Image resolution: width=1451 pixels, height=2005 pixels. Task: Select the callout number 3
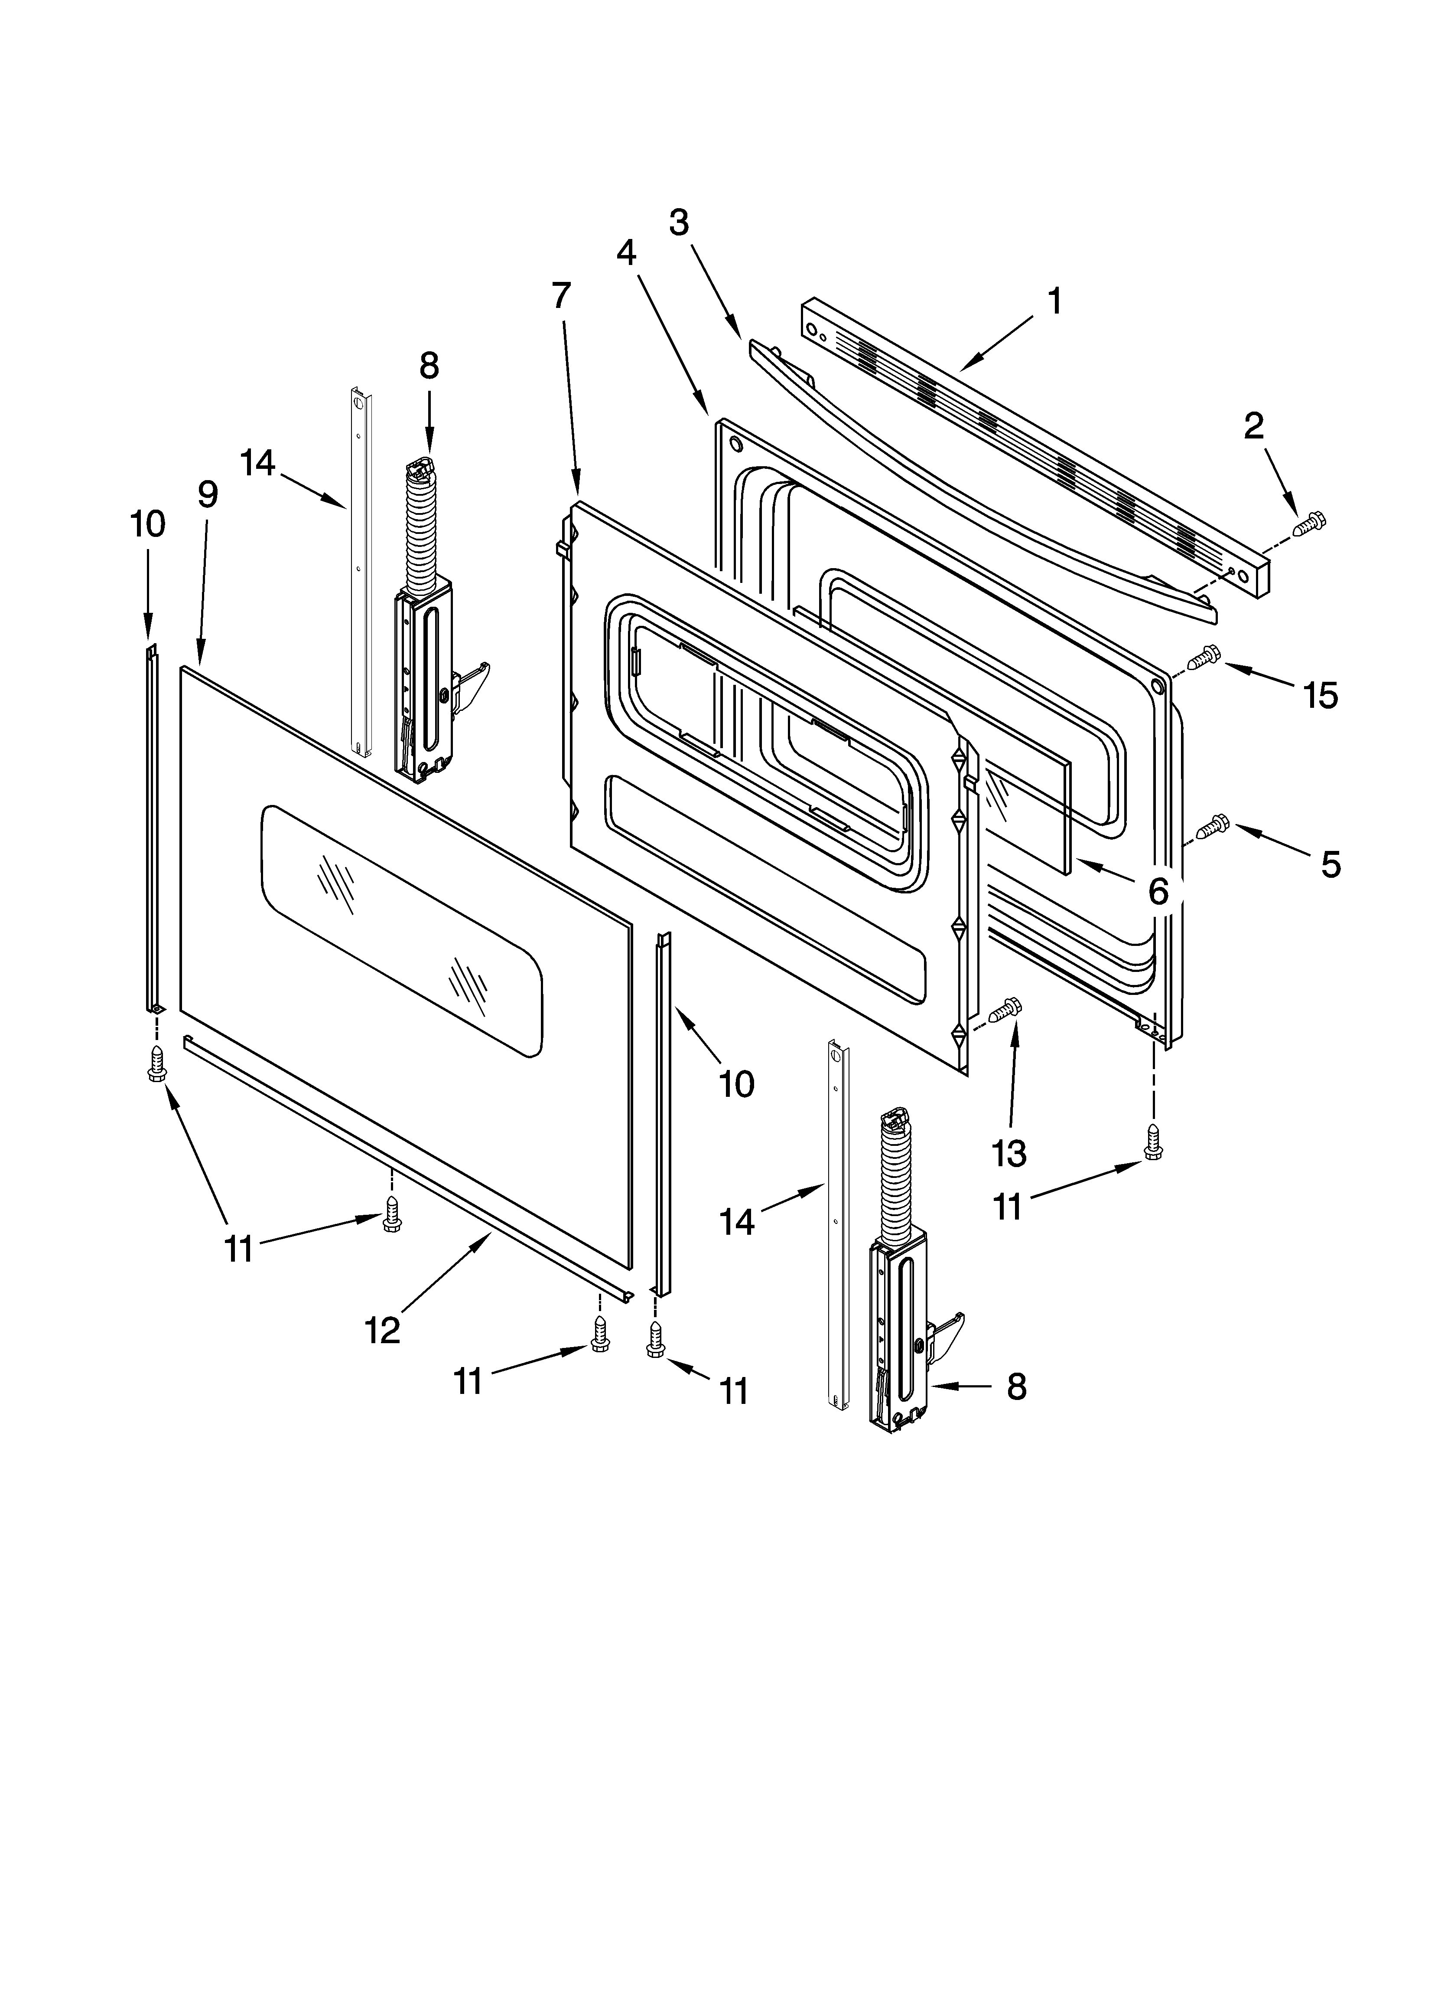click(679, 223)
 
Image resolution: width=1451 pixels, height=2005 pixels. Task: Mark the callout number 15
click(1320, 696)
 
